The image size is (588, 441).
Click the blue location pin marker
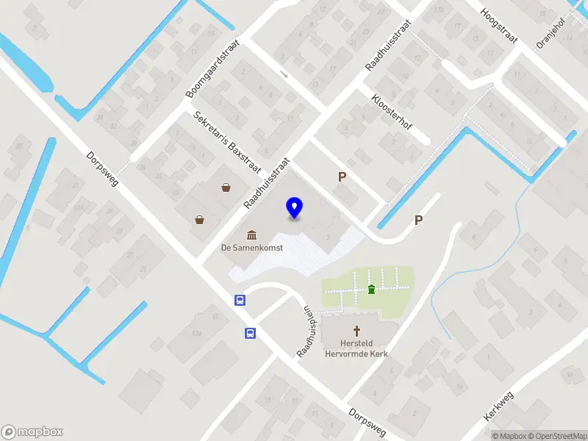pos(294,207)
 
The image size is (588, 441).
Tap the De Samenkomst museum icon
pos(252,235)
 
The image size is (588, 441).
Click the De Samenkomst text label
pos(252,248)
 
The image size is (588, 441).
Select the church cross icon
pos(358,331)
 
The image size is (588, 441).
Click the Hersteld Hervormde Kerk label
pos(356,348)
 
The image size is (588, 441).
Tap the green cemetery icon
pos(371,288)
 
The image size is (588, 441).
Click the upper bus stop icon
pos(239,300)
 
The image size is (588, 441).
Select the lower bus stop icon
pos(250,333)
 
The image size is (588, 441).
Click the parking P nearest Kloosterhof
pos(342,177)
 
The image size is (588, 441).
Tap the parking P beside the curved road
pos(419,220)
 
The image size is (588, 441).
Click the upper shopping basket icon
pos(226,188)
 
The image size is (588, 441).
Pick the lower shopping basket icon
pos(199,219)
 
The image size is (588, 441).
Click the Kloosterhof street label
pos(391,112)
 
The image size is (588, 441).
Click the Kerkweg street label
pos(499,405)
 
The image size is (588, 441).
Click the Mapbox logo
pos(32,431)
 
